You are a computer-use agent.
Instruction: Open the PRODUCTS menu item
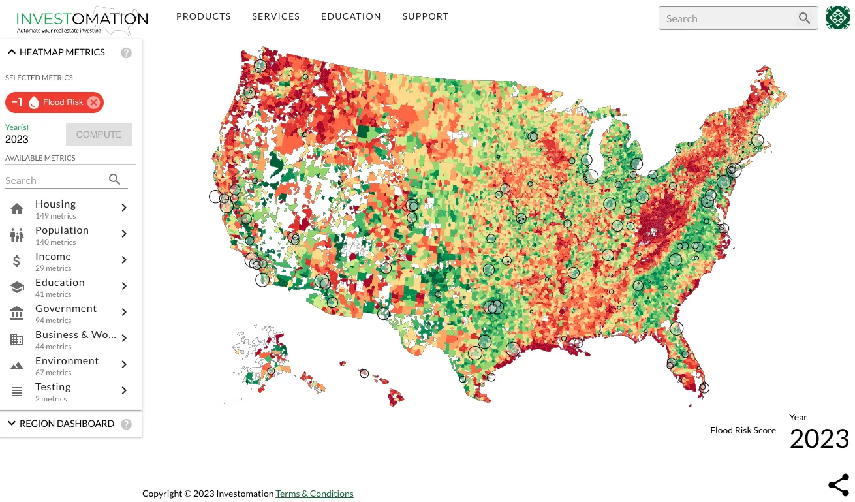point(204,16)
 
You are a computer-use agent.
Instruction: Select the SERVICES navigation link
point(276,16)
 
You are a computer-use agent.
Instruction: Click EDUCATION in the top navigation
point(351,16)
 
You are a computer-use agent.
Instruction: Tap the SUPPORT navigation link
point(426,16)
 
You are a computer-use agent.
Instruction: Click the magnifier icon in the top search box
point(804,18)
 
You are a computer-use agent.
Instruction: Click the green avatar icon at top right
point(838,18)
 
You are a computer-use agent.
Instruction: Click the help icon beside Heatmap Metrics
point(127,53)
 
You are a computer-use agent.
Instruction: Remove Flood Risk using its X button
point(93,102)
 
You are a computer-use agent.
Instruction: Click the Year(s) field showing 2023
point(30,139)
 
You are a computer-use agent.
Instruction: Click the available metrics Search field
point(55,180)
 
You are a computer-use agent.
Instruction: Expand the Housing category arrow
point(124,208)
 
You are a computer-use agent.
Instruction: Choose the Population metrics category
point(62,230)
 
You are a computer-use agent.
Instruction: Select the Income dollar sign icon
point(17,261)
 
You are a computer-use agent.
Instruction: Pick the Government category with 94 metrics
point(66,309)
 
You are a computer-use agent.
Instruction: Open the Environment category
point(67,361)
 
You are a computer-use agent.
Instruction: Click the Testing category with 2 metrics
point(53,387)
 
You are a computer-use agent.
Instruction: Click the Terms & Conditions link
point(314,494)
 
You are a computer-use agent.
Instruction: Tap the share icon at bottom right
point(838,485)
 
